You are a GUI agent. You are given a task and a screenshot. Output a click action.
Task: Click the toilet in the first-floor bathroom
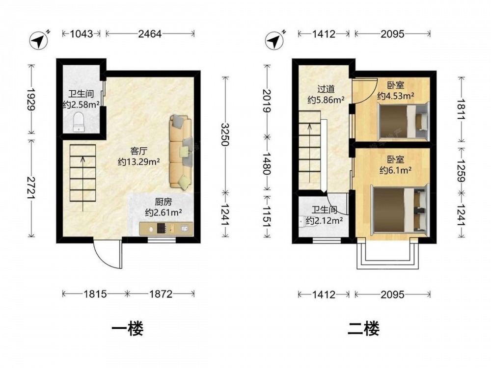click(79, 122)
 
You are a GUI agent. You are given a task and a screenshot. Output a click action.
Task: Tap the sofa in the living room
click(181, 153)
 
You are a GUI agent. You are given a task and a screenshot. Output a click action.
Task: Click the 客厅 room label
click(139, 152)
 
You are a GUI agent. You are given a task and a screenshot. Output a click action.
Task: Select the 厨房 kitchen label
click(163, 202)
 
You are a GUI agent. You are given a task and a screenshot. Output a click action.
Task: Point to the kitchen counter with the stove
click(166, 229)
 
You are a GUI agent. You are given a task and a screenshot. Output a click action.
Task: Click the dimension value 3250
click(225, 134)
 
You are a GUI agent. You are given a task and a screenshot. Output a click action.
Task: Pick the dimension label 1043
click(82, 33)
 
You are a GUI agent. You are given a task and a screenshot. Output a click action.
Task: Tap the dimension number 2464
click(150, 33)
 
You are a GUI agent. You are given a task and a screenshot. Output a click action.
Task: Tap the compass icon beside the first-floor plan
click(39, 40)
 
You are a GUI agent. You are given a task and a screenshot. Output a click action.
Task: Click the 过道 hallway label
click(326, 89)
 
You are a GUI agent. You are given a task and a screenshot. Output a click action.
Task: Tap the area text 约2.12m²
click(325, 221)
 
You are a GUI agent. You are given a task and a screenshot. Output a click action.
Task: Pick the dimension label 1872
click(161, 294)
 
